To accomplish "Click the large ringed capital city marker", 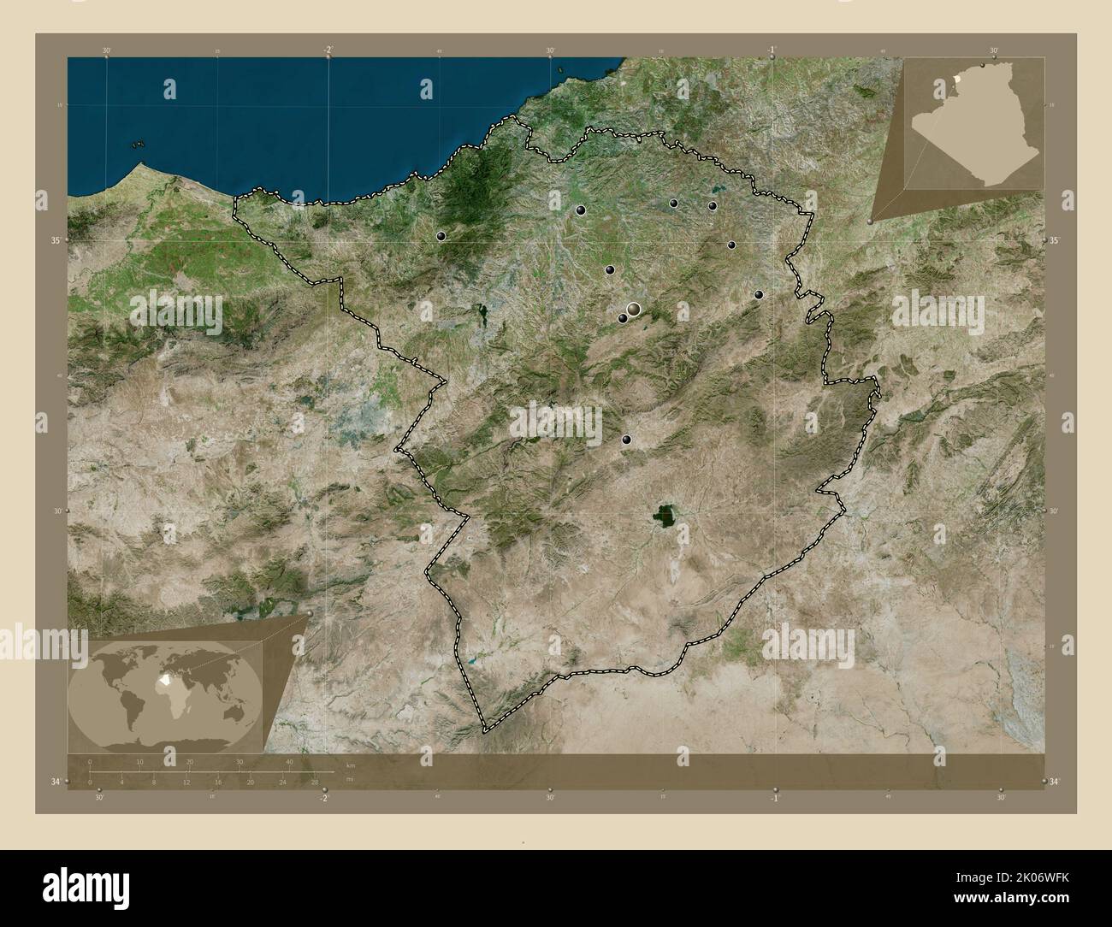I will [x=633, y=309].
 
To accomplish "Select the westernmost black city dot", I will [x=441, y=235].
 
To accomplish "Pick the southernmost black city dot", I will [x=627, y=440].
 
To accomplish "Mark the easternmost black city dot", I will [x=759, y=295].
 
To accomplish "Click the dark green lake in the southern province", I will [x=664, y=515].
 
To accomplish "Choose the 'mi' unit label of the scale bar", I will [x=350, y=779].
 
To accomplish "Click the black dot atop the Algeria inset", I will [x=983, y=65].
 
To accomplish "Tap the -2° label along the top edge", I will [x=328, y=50].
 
